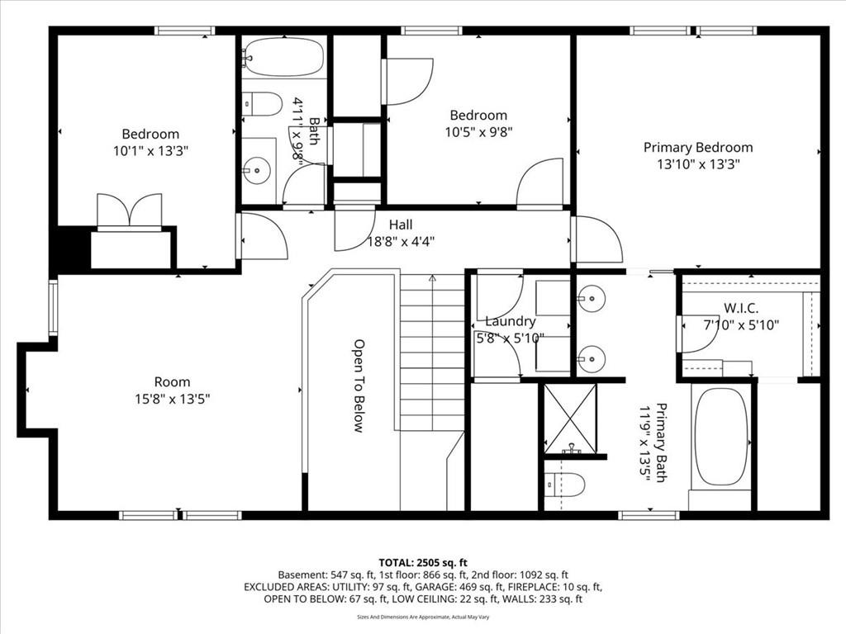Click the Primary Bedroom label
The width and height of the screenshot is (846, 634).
point(698,148)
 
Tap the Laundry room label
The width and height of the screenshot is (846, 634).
point(510,321)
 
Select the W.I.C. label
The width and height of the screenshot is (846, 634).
point(740,308)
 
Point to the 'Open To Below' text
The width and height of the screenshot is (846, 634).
point(359,386)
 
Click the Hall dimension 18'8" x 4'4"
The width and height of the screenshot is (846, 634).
point(401,241)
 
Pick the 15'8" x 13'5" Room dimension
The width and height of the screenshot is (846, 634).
point(172,399)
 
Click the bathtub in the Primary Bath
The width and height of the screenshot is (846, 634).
point(720,437)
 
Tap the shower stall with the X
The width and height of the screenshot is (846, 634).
point(570,419)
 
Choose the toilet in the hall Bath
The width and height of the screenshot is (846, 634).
point(263,104)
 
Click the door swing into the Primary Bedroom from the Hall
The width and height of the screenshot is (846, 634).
point(596,239)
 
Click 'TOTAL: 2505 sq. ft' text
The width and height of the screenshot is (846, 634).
point(422,561)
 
